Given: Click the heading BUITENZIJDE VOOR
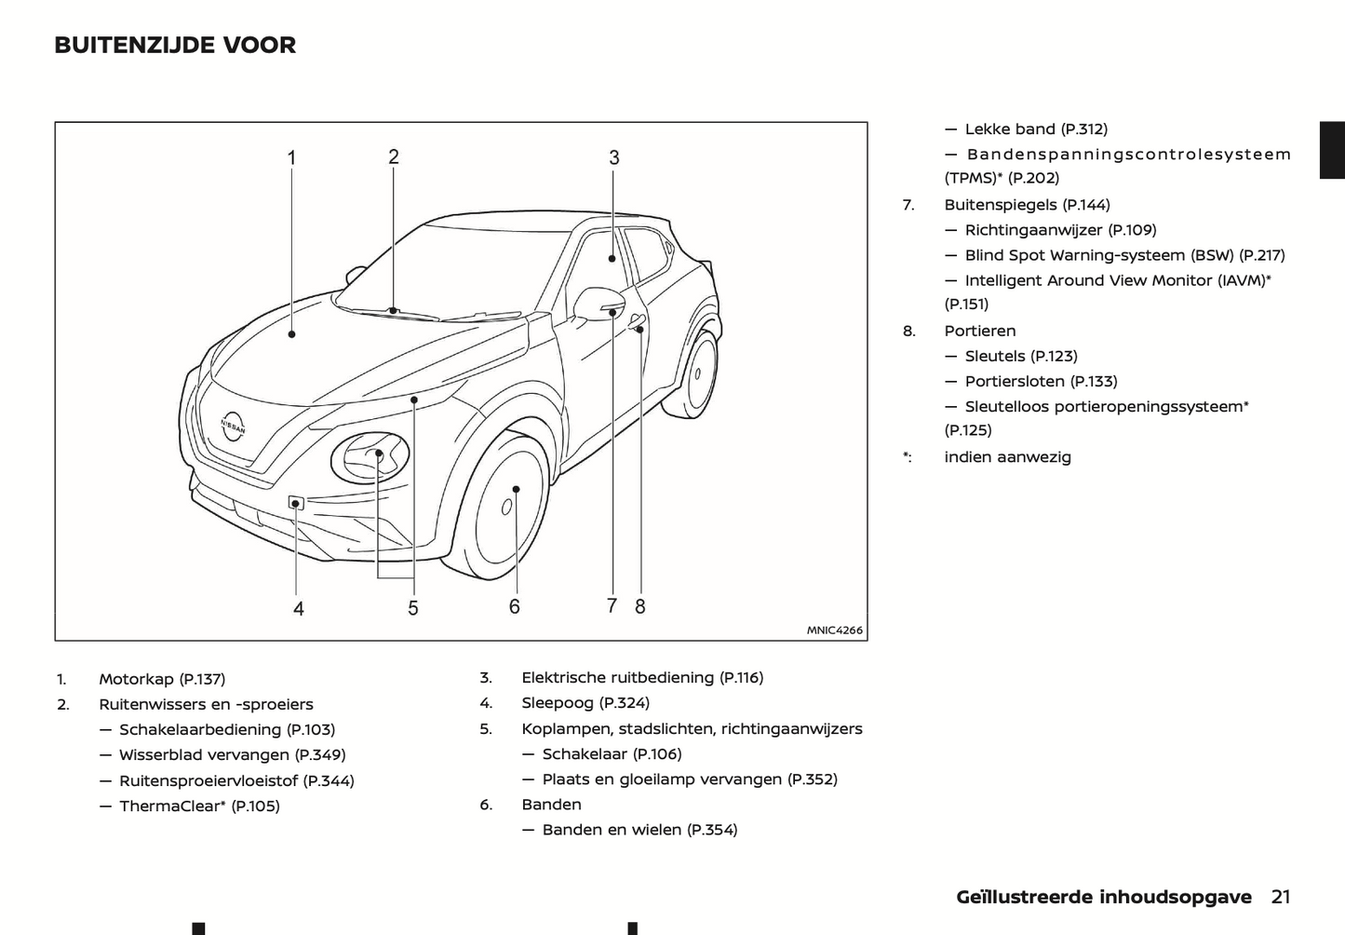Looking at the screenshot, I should (x=175, y=45).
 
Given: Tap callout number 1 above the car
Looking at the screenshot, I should (x=291, y=158).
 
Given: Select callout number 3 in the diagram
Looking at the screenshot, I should (x=614, y=158).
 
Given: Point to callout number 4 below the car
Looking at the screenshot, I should (x=299, y=609).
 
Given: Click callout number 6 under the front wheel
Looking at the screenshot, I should (x=515, y=607).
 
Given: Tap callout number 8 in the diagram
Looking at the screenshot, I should (x=640, y=606).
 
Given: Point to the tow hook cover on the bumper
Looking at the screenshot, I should (x=296, y=504).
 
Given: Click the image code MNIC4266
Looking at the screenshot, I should (x=834, y=630).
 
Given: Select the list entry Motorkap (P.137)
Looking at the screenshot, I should (x=162, y=679).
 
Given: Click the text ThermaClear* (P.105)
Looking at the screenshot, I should (x=199, y=806).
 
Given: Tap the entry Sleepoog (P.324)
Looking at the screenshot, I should (x=585, y=703).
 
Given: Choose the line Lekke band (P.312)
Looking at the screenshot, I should (x=1036, y=129).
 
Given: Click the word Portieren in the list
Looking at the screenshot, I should (x=980, y=331).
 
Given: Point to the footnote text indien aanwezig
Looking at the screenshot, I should (x=1007, y=457).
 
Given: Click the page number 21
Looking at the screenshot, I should (x=1281, y=897).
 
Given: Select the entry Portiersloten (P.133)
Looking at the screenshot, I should (x=1041, y=381).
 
